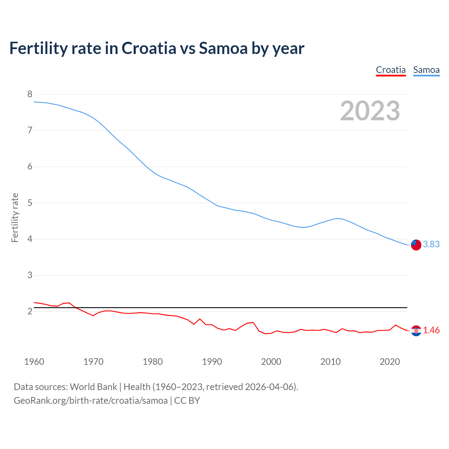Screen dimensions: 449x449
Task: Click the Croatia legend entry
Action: [x=391, y=70]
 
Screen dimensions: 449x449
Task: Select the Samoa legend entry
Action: [x=426, y=70]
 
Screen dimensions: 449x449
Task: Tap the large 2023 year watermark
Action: [x=370, y=111]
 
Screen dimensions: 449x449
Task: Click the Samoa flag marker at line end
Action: [x=416, y=245]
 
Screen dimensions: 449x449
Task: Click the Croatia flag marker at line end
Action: [x=416, y=330]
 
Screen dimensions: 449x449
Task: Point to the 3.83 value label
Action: [x=431, y=244]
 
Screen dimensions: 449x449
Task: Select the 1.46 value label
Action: [x=431, y=330]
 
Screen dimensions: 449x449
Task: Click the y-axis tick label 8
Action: [x=30, y=94]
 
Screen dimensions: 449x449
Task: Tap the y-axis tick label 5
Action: [x=30, y=203]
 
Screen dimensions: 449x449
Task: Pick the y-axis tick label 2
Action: [x=30, y=311]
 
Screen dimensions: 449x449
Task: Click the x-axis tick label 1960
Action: [x=34, y=362]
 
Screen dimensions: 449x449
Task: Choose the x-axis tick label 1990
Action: [x=212, y=362]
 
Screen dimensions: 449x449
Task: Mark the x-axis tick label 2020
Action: [x=390, y=362]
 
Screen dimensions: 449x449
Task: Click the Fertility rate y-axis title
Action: [x=15, y=217]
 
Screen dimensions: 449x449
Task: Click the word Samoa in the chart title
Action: [x=223, y=48]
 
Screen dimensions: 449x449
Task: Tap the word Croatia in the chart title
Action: [x=149, y=48]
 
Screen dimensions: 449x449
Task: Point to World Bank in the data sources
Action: [x=93, y=387]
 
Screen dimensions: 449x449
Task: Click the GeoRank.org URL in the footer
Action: [x=91, y=401]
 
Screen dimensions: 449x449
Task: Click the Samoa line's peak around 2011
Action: [x=336, y=219]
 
